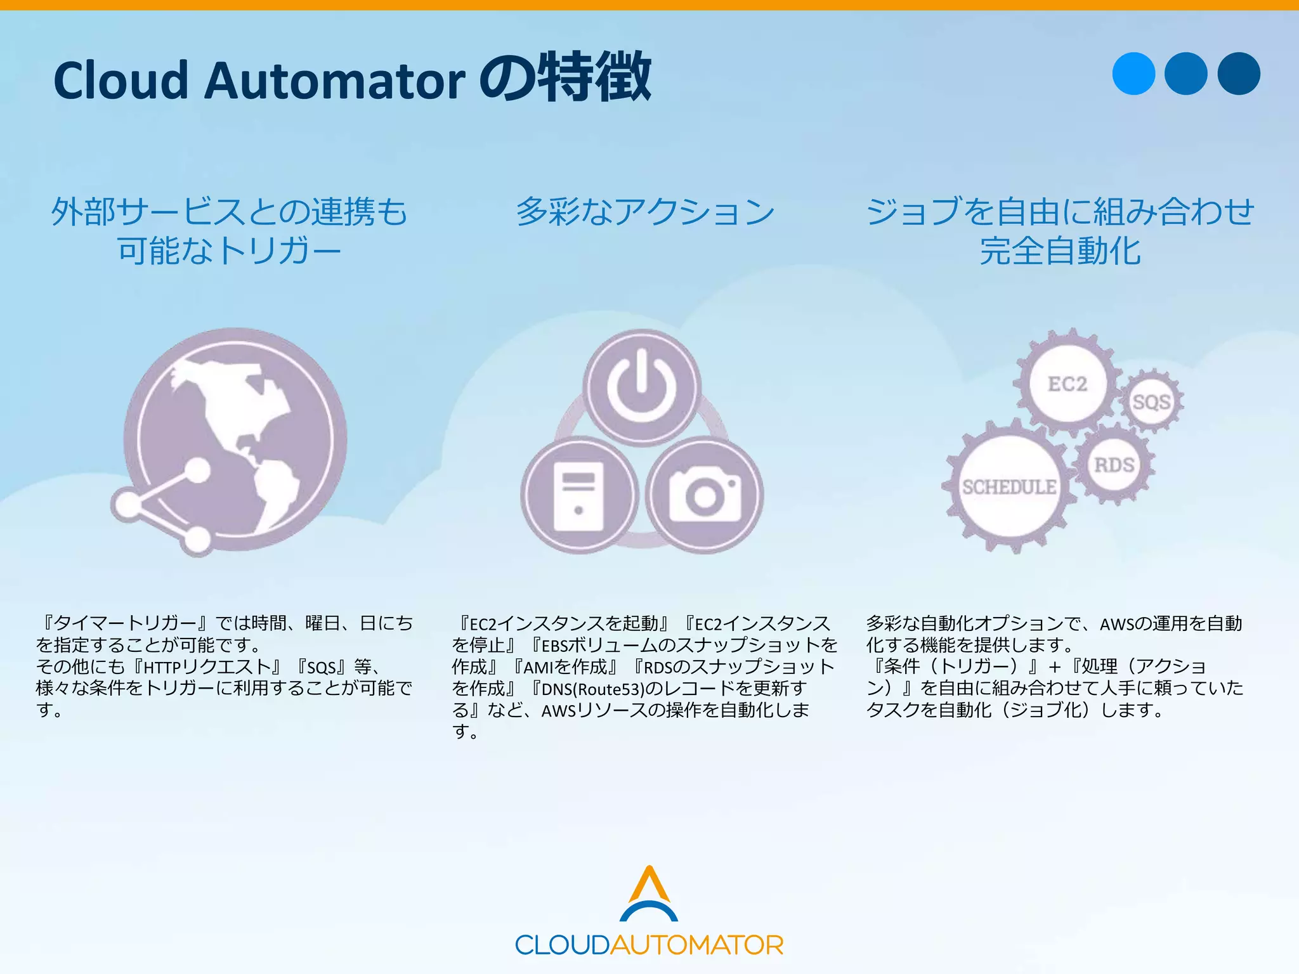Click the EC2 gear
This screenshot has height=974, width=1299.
click(x=1067, y=384)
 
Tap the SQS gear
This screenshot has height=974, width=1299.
click(x=1151, y=402)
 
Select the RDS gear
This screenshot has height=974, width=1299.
click(x=1114, y=465)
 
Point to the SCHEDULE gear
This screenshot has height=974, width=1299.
click(x=1009, y=487)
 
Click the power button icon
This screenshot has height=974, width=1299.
click(x=642, y=386)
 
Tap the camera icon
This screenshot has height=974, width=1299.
click(x=705, y=495)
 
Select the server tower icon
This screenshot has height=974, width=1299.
click(x=578, y=495)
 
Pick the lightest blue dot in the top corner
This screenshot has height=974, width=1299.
click(x=1133, y=74)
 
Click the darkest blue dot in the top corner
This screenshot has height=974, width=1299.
click(x=1239, y=74)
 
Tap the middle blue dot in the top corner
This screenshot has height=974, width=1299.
click(x=1186, y=74)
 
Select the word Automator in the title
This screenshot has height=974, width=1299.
click(x=334, y=81)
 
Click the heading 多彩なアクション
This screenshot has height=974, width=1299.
click(x=645, y=212)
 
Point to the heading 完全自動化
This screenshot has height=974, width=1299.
click(x=1060, y=251)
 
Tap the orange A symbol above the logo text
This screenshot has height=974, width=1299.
click(x=649, y=884)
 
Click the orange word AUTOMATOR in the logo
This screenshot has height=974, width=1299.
click(x=696, y=945)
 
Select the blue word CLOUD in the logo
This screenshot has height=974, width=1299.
click(x=562, y=945)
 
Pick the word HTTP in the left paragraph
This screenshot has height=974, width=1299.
click(x=162, y=667)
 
